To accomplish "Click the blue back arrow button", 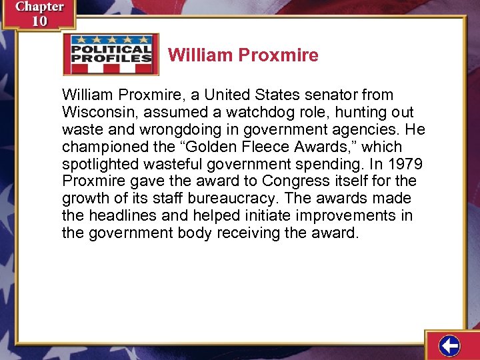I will point(450,346).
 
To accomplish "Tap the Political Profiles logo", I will point(111,54).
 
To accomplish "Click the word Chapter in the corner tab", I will point(39,7).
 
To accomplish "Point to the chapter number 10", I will point(39,21).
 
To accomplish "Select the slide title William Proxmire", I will point(243,55).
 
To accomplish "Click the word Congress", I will point(293,181).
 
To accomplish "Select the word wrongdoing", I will point(179,129).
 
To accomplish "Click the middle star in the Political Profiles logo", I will point(111,39).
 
